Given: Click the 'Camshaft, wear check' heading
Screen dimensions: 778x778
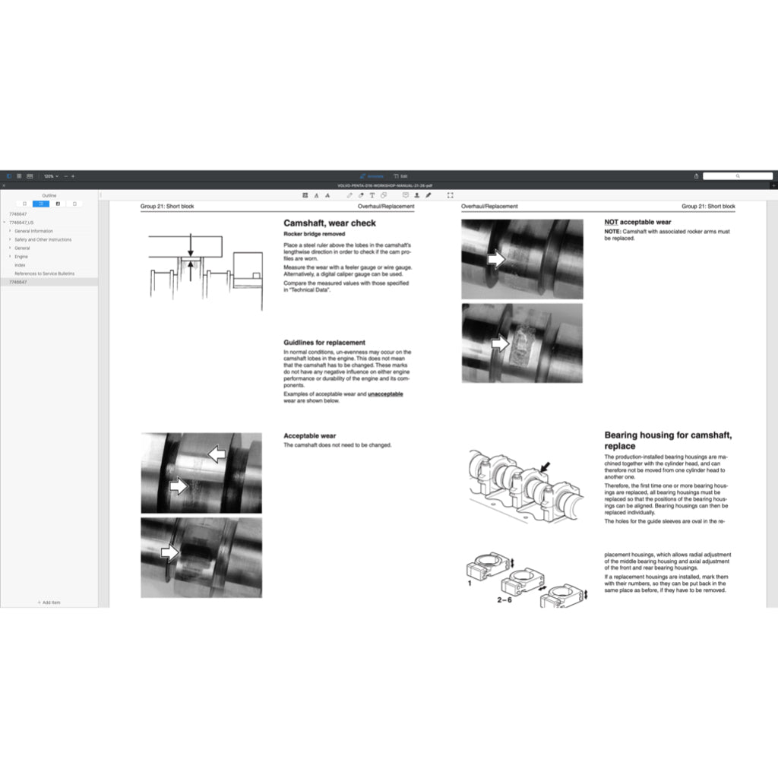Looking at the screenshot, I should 330,223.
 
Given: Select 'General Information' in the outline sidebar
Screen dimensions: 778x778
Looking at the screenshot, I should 33,231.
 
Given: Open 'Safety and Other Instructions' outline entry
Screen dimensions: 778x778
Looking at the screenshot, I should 43,239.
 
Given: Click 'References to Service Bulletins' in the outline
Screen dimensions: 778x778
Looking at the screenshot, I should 44,274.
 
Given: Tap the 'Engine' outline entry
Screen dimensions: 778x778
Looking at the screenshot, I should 21,257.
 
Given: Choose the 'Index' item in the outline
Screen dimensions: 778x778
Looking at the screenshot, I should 20,265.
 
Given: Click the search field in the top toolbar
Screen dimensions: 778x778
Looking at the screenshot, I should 737,176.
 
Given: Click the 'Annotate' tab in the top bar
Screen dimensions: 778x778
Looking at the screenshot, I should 372,176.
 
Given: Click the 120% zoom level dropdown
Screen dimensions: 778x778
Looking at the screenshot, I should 50,176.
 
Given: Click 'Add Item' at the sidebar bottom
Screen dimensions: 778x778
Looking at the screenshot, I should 49,602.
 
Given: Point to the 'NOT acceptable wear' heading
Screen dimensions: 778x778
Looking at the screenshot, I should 637,223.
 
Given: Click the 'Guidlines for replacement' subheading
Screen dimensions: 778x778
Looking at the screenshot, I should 324,343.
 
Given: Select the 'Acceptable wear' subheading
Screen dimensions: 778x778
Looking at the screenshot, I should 309,436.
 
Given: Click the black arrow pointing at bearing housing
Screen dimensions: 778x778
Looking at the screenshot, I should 543,466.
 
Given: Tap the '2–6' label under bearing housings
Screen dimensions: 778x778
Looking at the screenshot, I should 505,599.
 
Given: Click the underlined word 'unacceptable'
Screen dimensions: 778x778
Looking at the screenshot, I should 385,394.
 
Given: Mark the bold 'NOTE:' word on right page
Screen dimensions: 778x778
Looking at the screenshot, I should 612,231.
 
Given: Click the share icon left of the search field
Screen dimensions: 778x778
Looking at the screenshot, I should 696,176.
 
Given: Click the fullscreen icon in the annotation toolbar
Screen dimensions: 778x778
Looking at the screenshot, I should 450,195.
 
